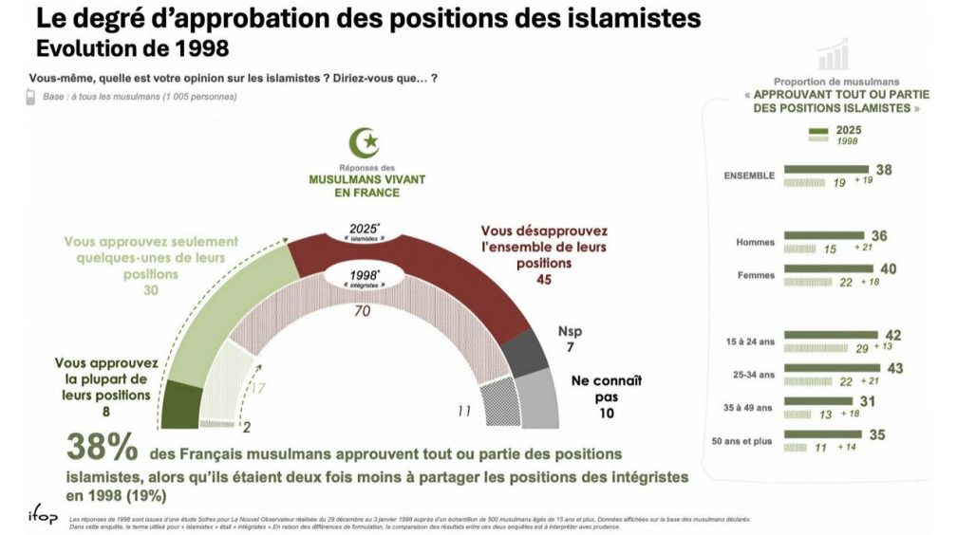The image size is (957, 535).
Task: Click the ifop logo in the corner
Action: point(40,516)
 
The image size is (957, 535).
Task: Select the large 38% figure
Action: point(102,448)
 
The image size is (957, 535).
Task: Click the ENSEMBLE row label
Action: point(750,175)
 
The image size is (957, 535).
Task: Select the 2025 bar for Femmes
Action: point(826,269)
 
